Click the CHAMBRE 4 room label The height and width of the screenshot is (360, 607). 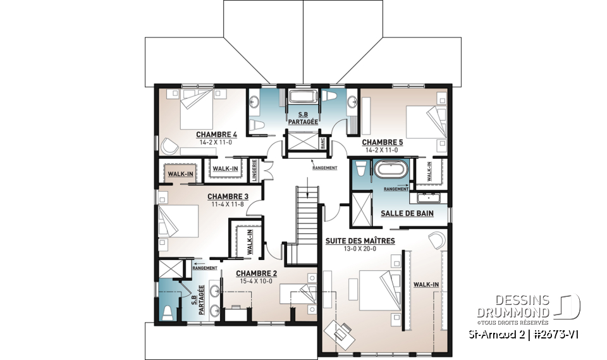tap(216, 135)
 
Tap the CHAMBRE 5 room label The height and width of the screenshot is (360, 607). tap(382, 143)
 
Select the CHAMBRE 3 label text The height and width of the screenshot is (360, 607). tap(228, 197)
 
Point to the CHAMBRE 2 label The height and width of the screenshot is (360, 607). tap(257, 274)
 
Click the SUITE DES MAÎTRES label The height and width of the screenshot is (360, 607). tap(360, 241)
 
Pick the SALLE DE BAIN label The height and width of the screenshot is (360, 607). tap(407, 213)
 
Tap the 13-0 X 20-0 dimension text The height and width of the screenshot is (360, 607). tap(360, 249)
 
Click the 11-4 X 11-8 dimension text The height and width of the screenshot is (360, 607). tap(228, 204)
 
